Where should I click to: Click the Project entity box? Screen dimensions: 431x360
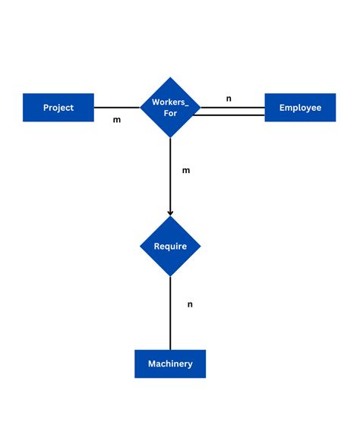(x=58, y=108)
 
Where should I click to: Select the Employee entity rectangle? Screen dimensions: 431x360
(x=300, y=108)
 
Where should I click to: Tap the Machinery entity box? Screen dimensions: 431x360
(x=170, y=363)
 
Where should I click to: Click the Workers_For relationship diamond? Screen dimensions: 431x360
(x=170, y=108)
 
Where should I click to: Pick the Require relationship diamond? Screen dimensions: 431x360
(x=170, y=246)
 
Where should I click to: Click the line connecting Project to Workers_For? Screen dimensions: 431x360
(x=117, y=107)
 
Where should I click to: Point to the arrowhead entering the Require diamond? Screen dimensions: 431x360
(x=170, y=212)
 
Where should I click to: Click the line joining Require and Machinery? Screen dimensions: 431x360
(x=170, y=313)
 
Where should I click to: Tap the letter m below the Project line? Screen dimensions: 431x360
(x=117, y=120)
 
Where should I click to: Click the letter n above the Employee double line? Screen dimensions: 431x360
(x=229, y=98)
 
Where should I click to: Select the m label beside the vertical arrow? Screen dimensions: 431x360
(x=186, y=170)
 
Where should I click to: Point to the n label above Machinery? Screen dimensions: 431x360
(x=190, y=304)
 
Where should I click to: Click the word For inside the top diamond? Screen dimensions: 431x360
(x=170, y=114)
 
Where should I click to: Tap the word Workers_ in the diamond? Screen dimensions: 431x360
(x=170, y=102)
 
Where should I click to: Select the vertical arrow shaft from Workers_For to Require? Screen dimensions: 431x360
(x=170, y=175)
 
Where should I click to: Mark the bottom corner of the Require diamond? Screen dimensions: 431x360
(x=170, y=275)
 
